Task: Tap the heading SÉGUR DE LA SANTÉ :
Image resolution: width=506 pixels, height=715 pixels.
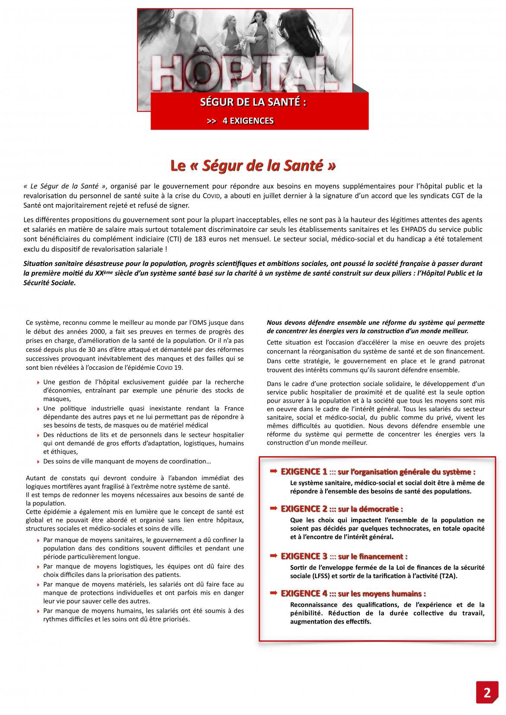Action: point(253,102)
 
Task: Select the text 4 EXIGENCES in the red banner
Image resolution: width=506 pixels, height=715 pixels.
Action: point(248,121)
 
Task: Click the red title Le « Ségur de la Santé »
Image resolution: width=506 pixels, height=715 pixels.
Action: point(253,165)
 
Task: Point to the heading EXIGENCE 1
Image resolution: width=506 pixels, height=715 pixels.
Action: point(304,471)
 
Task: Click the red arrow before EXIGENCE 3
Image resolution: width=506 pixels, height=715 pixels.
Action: point(273,556)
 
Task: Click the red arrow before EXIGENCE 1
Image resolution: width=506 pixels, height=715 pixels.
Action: point(273,471)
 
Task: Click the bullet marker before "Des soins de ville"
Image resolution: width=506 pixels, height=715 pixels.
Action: point(38,462)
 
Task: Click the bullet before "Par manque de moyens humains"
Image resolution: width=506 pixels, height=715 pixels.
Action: point(38,611)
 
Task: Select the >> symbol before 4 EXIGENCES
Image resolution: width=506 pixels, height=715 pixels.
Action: point(211,121)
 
